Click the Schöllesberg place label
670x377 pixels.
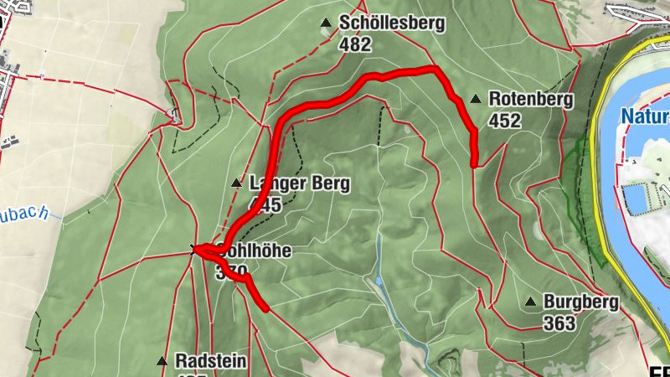[x=391, y=23]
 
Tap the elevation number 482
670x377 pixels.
[x=356, y=44]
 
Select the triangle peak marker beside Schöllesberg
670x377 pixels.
[x=326, y=24]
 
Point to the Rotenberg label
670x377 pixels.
[x=530, y=100]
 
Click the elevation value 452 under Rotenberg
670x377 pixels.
[x=505, y=121]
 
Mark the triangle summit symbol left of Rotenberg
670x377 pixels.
[x=476, y=100]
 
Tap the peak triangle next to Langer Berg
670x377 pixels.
[x=237, y=183]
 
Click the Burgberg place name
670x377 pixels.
[x=580, y=302]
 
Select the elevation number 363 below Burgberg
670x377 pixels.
[x=559, y=323]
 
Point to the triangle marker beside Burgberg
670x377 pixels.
[x=530, y=302]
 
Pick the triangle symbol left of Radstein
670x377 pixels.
[x=162, y=361]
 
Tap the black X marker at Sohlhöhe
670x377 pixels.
[x=195, y=249]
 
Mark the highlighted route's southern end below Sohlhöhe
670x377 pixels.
[x=265, y=308]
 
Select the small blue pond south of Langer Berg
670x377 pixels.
[x=379, y=280]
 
